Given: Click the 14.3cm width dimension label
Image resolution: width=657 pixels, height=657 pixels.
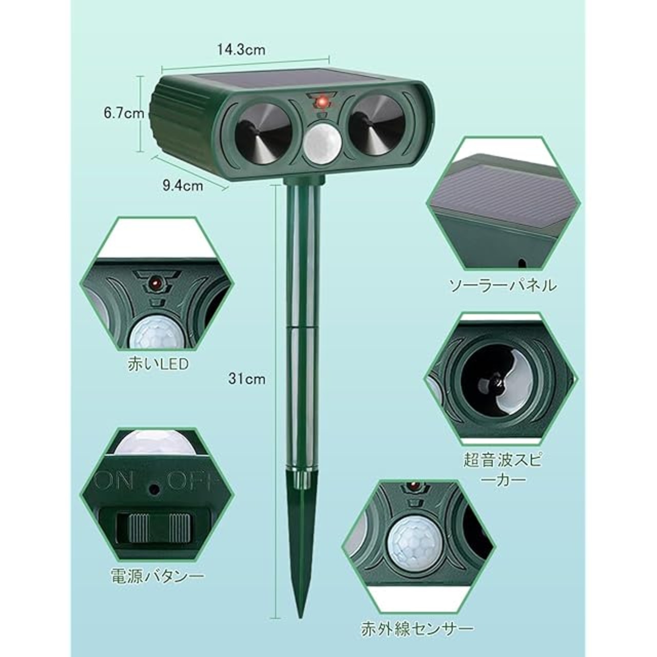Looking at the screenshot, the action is (241, 50).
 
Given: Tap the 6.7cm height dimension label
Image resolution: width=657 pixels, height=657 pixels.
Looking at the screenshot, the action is (124, 113).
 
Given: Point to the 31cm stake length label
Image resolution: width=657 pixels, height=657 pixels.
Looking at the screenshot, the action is (246, 379).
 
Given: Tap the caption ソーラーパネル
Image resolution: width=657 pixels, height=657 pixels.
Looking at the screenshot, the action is (503, 285).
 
